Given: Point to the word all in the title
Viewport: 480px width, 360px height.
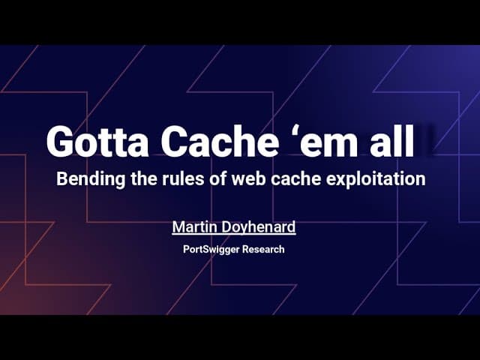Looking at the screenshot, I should click(394, 141).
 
